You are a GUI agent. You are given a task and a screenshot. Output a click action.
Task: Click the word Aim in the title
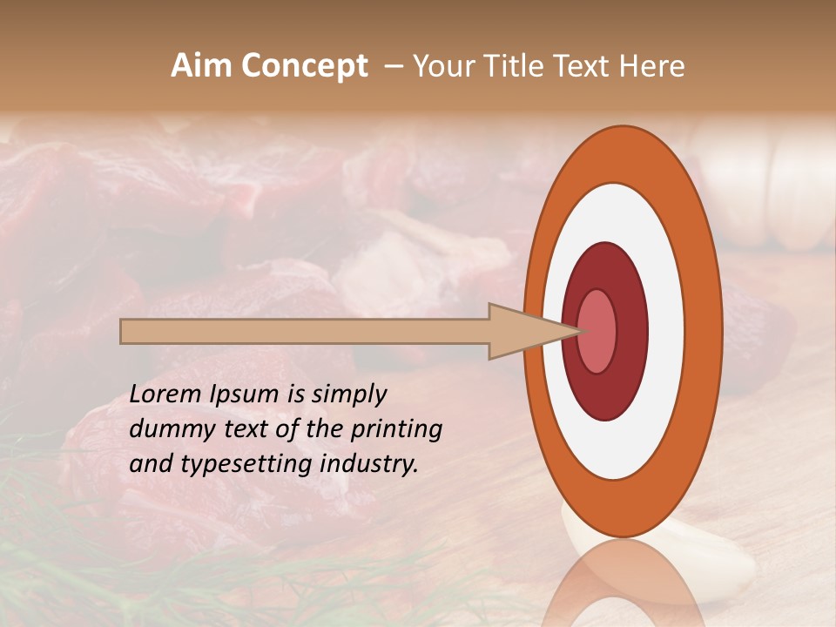pyautogui.click(x=202, y=66)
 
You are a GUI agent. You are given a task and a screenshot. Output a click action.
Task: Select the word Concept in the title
pyautogui.click(x=304, y=66)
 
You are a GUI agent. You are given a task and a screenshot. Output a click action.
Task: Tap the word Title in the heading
pyautogui.click(x=518, y=66)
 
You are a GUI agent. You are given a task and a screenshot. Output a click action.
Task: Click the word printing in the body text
pyautogui.click(x=395, y=429)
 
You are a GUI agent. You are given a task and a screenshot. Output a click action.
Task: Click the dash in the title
pyautogui.click(x=394, y=66)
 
